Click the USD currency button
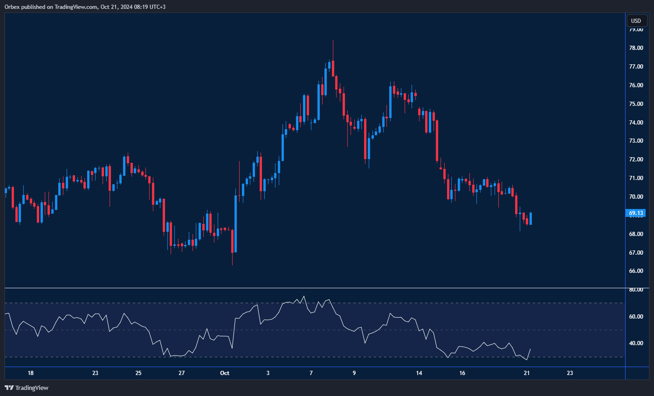tap(636, 21)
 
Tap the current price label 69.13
tap(636, 213)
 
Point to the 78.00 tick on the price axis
tap(636, 48)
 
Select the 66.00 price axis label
tap(636, 271)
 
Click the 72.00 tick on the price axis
tap(636, 160)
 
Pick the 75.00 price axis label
tap(636, 104)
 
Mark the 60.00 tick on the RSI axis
tap(636, 317)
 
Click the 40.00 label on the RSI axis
tap(636, 343)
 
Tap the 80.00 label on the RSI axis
tap(636, 290)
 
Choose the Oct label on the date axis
tap(225, 373)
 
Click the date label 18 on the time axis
tap(31, 373)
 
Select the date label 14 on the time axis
tap(419, 373)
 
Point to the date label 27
tap(182, 373)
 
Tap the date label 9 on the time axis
tap(354, 373)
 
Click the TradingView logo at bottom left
tap(27, 388)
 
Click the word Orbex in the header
tap(11, 7)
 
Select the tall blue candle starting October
tap(235, 224)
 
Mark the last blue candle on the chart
tap(530, 218)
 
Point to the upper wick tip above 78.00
tap(333, 41)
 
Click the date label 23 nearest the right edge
tap(570, 373)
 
